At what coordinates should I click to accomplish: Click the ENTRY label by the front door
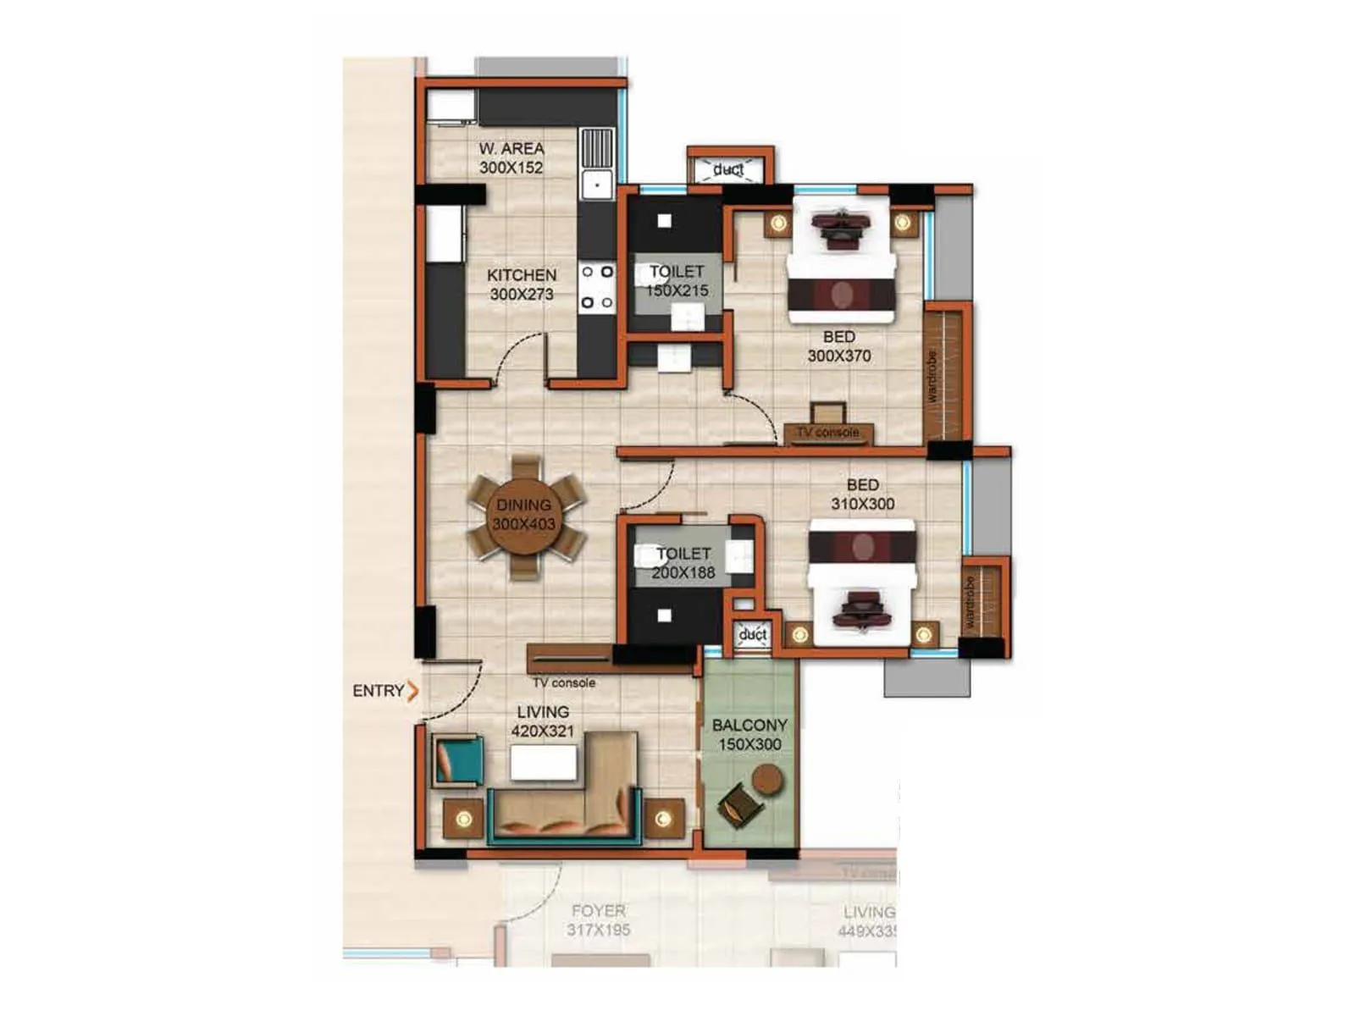coord(378,691)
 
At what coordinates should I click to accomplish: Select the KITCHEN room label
coord(522,275)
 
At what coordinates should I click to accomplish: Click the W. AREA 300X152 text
coord(511,158)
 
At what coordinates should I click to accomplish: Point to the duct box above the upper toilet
coord(728,169)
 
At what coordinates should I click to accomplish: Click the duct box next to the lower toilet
coord(752,634)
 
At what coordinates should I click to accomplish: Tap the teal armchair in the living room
coord(458,759)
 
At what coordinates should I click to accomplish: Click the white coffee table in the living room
coord(544,763)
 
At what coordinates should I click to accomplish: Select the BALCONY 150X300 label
coord(749,735)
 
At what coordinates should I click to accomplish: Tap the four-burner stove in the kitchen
coord(597,287)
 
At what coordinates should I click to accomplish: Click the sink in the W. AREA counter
coord(597,183)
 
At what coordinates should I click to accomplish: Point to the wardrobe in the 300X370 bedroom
coord(943,375)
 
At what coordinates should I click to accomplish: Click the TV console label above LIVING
coord(564,682)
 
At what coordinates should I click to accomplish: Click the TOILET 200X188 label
coord(683,563)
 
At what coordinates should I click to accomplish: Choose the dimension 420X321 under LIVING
coord(543,731)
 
